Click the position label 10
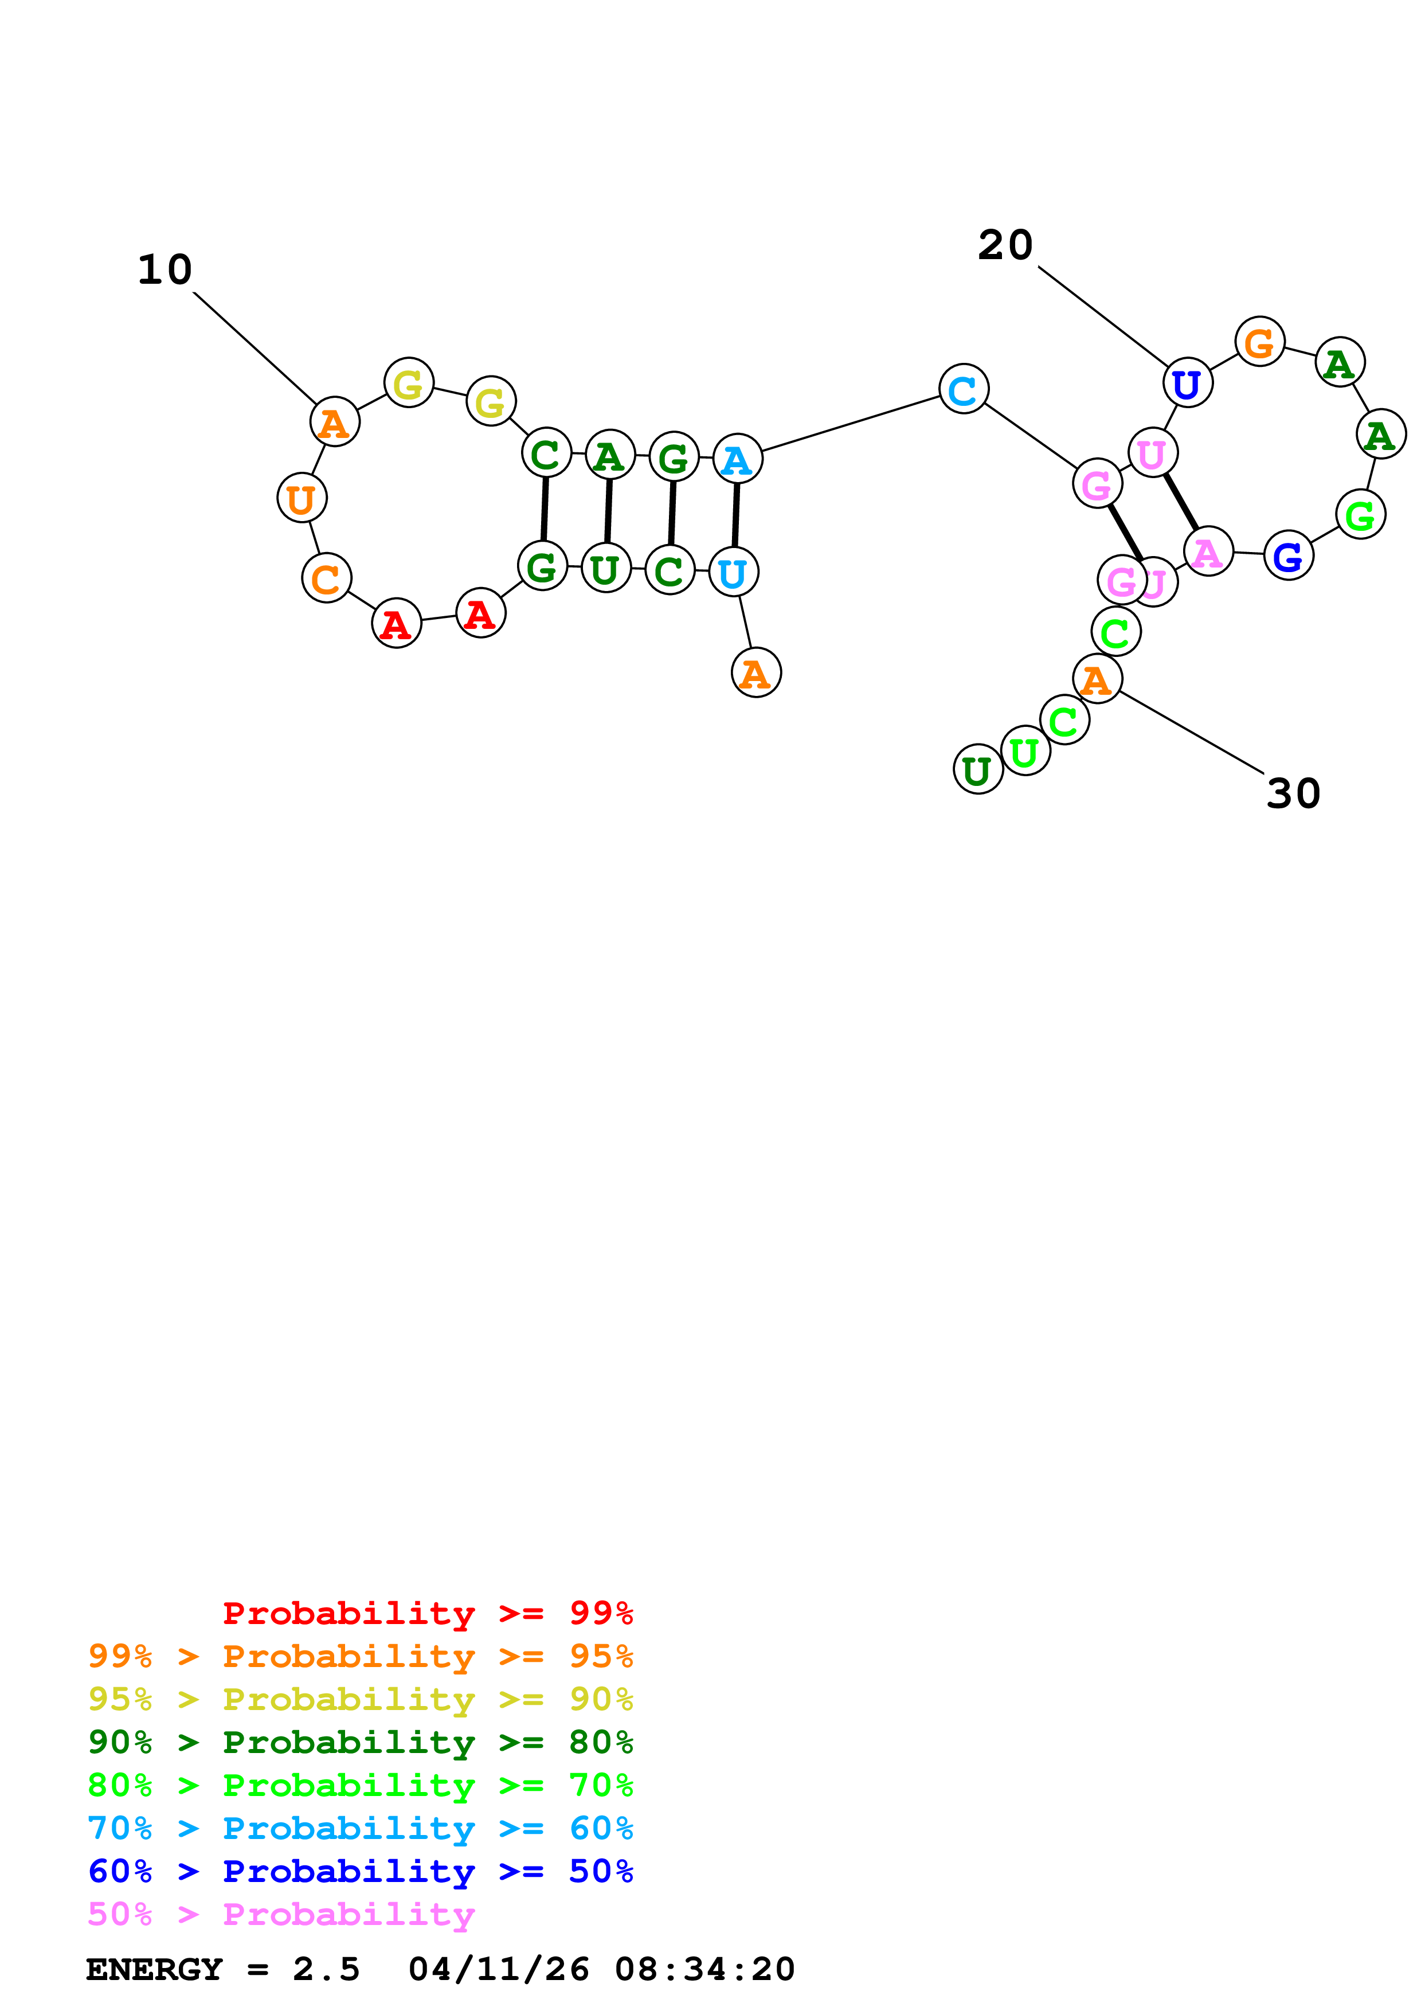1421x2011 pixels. click(x=165, y=270)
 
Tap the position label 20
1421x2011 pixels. click(x=1005, y=245)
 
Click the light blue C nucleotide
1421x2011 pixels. click(x=963, y=390)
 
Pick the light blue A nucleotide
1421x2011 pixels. click(x=737, y=459)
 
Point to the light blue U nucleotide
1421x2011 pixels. click(x=733, y=573)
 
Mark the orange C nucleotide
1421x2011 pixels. click(x=326, y=579)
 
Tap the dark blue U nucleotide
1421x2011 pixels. click(x=1187, y=384)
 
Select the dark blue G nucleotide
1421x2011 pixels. click(x=1288, y=556)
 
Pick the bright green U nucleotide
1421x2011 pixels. click(x=1024, y=752)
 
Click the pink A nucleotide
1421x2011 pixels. click(x=1207, y=552)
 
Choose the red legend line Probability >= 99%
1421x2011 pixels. click(x=427, y=1613)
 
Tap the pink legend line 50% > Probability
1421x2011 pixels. click(x=281, y=1915)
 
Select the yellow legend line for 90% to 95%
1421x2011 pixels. click(x=360, y=1699)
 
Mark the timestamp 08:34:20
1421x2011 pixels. click(x=705, y=1970)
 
